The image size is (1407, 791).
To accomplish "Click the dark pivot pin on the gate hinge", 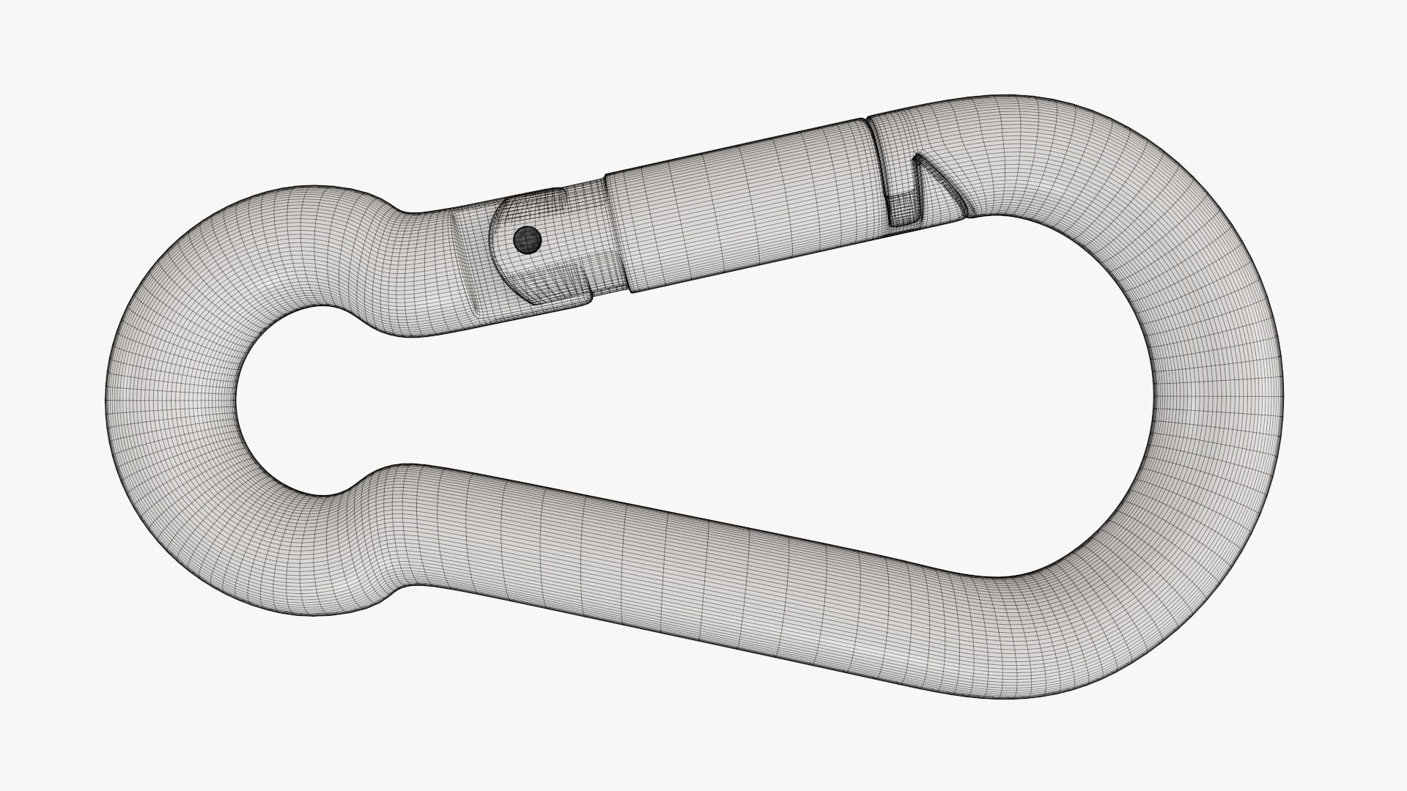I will point(527,238).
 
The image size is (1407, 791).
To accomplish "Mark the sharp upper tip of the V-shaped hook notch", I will point(916,155).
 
